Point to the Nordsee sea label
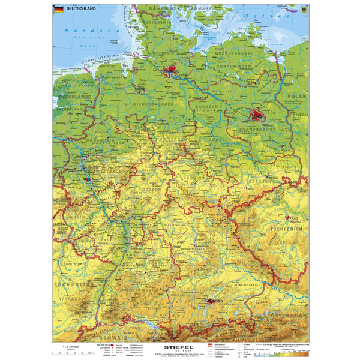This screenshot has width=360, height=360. [83, 31]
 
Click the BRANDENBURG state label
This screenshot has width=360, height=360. [255, 128]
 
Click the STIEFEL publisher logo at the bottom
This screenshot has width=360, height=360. [181, 347]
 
